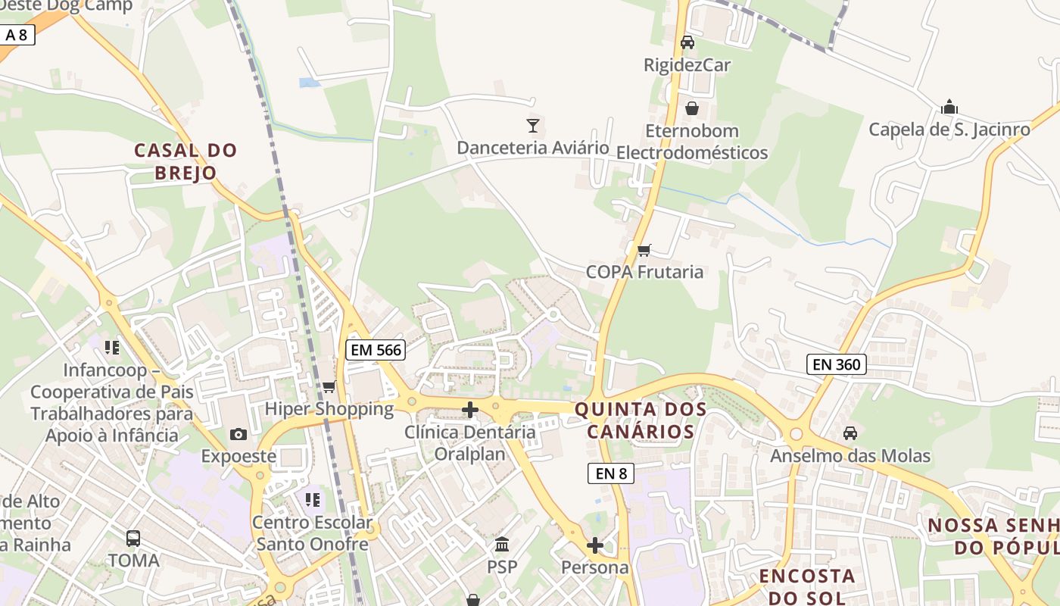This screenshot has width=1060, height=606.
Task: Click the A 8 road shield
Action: [x=16, y=35]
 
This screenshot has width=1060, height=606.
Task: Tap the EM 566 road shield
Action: [x=376, y=349]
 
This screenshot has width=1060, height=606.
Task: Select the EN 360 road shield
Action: [x=836, y=364]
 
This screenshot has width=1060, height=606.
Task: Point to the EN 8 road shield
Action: [x=611, y=473]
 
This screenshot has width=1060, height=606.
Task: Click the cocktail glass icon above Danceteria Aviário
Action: [x=533, y=125]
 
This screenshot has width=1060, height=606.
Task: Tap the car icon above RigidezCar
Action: [x=687, y=42]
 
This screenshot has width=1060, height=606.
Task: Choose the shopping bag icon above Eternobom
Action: [x=691, y=108]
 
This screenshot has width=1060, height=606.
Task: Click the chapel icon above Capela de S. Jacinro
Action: [x=949, y=107]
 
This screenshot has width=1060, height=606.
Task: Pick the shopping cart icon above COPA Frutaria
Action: [x=644, y=250]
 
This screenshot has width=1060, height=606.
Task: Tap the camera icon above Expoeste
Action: [x=238, y=434]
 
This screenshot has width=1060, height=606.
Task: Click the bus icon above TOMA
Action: [x=133, y=539]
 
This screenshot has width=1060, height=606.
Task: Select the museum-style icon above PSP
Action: [x=502, y=545]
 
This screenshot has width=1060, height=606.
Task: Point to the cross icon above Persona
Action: [x=595, y=545]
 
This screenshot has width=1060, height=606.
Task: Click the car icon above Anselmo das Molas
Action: [x=850, y=433]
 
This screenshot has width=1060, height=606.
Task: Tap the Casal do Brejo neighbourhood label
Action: [x=185, y=161]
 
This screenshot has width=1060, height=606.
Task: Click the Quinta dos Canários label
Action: [x=641, y=420]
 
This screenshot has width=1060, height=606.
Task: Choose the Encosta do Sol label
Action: [x=807, y=586]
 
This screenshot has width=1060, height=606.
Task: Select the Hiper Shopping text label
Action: [x=329, y=409]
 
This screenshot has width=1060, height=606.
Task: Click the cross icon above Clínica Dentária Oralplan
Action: [x=470, y=411]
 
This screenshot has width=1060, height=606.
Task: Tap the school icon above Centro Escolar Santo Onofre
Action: [x=313, y=500]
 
